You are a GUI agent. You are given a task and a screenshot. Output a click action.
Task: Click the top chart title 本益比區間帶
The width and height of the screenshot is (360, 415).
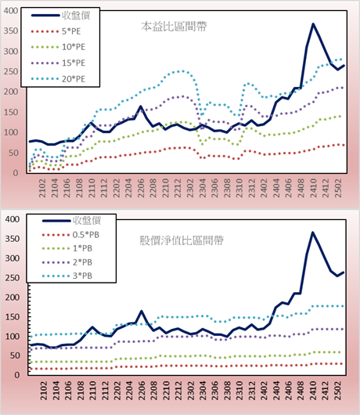coord(174,27)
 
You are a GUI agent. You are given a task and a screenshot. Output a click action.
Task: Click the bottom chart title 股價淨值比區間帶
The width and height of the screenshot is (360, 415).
coord(182,240)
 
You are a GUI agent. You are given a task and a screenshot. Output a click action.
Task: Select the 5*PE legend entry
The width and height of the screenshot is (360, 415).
coord(56,31)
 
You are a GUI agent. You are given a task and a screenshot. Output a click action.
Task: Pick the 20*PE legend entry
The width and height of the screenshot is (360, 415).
coord(58,79)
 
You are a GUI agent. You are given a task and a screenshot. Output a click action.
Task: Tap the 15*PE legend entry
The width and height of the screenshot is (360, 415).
coord(58,63)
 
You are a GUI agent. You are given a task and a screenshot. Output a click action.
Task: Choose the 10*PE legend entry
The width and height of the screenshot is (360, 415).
coord(58,47)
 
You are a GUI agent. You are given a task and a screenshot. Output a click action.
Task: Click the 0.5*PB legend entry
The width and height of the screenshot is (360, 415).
coord(70,235)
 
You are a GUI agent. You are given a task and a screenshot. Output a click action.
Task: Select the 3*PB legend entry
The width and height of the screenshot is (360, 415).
coord(67,276)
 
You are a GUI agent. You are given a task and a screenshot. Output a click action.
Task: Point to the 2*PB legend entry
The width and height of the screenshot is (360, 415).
coord(67,262)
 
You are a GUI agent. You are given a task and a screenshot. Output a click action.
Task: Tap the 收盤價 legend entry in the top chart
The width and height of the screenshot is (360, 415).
coord(60,16)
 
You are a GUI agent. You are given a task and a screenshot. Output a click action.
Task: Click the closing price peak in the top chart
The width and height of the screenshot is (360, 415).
coord(313,24)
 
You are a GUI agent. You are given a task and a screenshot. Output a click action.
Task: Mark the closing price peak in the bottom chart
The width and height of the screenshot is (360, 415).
coord(313,233)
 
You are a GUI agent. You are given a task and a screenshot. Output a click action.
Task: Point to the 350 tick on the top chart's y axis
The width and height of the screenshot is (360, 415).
coord(11,31)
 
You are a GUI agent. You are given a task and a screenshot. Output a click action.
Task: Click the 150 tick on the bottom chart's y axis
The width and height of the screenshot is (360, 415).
coord(13,317)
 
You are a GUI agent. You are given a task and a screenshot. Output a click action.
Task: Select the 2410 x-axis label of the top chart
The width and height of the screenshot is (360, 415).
coord(314,188)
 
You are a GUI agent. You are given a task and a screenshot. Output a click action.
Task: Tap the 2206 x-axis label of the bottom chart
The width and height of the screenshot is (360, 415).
coord(142,391)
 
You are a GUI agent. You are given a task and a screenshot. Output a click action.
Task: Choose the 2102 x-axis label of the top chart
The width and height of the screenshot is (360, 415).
coord(42,188)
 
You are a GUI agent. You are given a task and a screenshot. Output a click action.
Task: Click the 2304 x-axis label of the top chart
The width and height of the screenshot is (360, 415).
coord(203,188)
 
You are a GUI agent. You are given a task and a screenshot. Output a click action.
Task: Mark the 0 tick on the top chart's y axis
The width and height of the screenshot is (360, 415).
coord(16,173)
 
